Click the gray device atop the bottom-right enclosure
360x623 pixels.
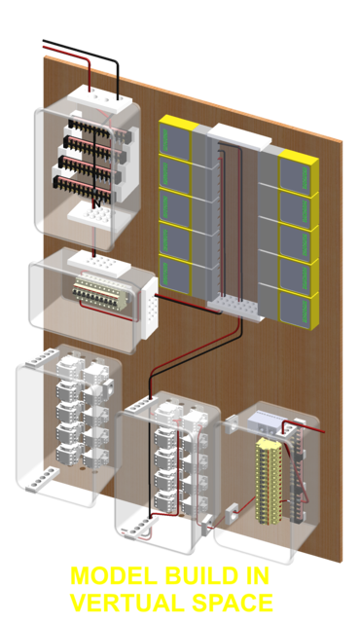(264, 422)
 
